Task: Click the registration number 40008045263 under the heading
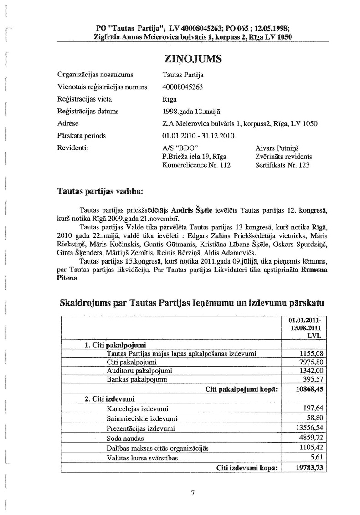point(183,87)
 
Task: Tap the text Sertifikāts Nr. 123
point(283,165)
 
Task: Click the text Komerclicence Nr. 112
point(196,165)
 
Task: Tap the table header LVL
point(315,336)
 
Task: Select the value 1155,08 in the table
point(312,353)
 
